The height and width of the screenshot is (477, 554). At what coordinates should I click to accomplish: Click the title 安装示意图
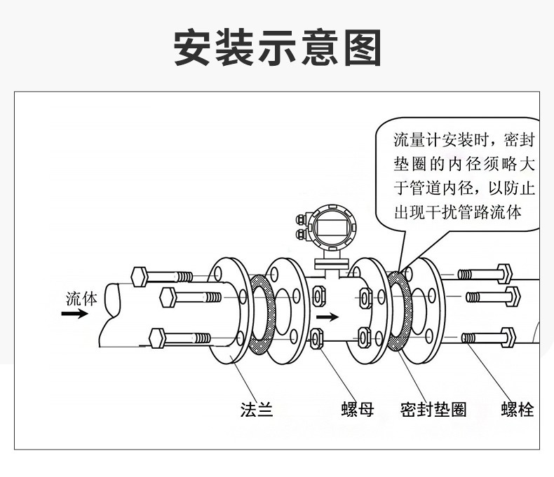pos(278,47)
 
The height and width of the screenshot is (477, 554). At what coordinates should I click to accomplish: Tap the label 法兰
pos(257,410)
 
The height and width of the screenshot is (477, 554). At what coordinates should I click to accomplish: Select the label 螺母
pos(358,410)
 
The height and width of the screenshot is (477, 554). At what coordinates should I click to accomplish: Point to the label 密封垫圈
pos(433,410)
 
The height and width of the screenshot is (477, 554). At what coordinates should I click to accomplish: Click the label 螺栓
pos(518,410)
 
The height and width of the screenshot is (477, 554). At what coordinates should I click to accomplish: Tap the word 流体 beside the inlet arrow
pos(81,299)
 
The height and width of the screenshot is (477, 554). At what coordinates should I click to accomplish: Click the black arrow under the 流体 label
pos(74,314)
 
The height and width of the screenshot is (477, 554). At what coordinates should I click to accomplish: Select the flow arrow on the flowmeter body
pos(327,317)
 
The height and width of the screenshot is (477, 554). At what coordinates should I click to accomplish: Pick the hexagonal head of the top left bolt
pos(140,277)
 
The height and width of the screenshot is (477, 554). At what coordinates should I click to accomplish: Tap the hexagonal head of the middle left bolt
pos(168,298)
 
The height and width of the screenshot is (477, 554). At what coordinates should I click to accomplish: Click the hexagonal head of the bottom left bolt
pos(157,338)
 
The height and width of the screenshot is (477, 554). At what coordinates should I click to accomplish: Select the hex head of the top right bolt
pos(504,274)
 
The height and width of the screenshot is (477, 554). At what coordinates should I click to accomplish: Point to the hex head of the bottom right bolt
pos(509,338)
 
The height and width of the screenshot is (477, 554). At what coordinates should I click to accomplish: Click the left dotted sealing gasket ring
pos(262,314)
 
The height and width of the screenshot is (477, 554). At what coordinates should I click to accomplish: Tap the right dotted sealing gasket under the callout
pos(399,311)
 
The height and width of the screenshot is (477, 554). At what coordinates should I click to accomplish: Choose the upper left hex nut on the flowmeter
pos(318,296)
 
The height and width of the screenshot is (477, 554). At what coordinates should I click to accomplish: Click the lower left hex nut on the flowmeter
pos(316,339)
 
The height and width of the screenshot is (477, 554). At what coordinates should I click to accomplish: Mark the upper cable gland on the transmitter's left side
pos(301,219)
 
